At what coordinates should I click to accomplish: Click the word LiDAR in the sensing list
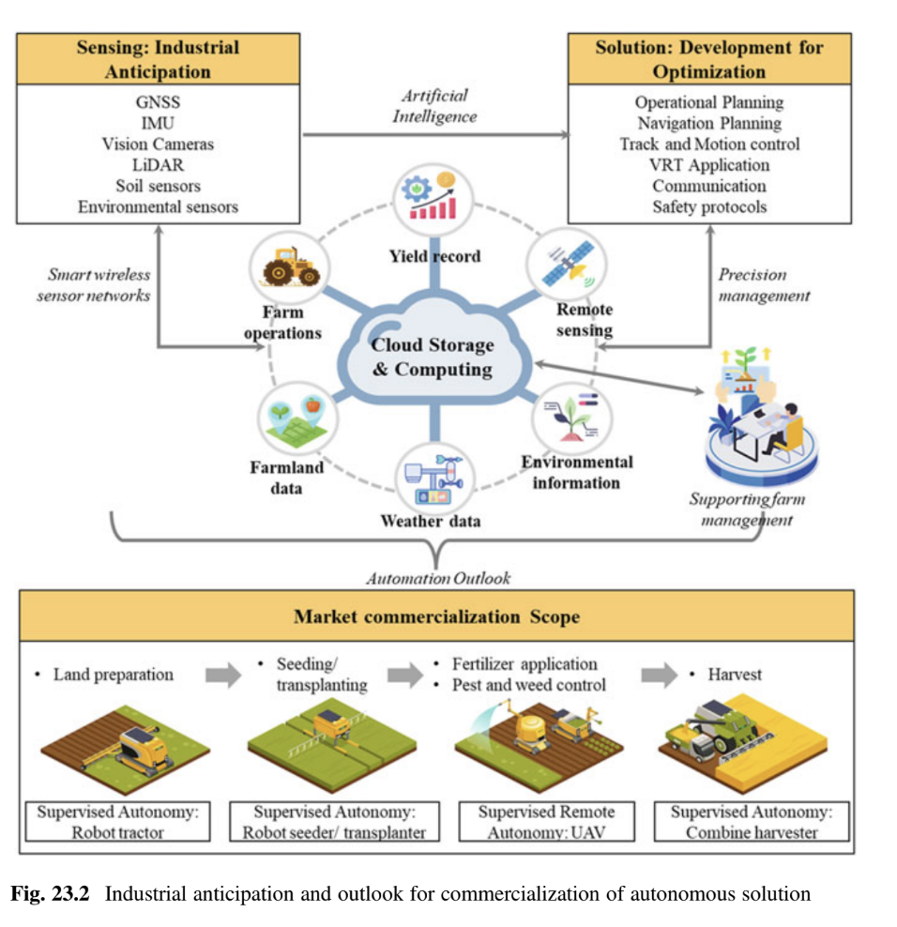[158, 165]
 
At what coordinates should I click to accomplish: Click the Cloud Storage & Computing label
[433, 357]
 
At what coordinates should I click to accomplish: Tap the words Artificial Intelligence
[434, 106]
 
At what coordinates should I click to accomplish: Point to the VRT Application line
[709, 165]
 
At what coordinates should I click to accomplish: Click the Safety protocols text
[709, 206]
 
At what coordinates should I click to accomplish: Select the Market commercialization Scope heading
[436, 616]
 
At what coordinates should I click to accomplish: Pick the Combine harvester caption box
[751, 821]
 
